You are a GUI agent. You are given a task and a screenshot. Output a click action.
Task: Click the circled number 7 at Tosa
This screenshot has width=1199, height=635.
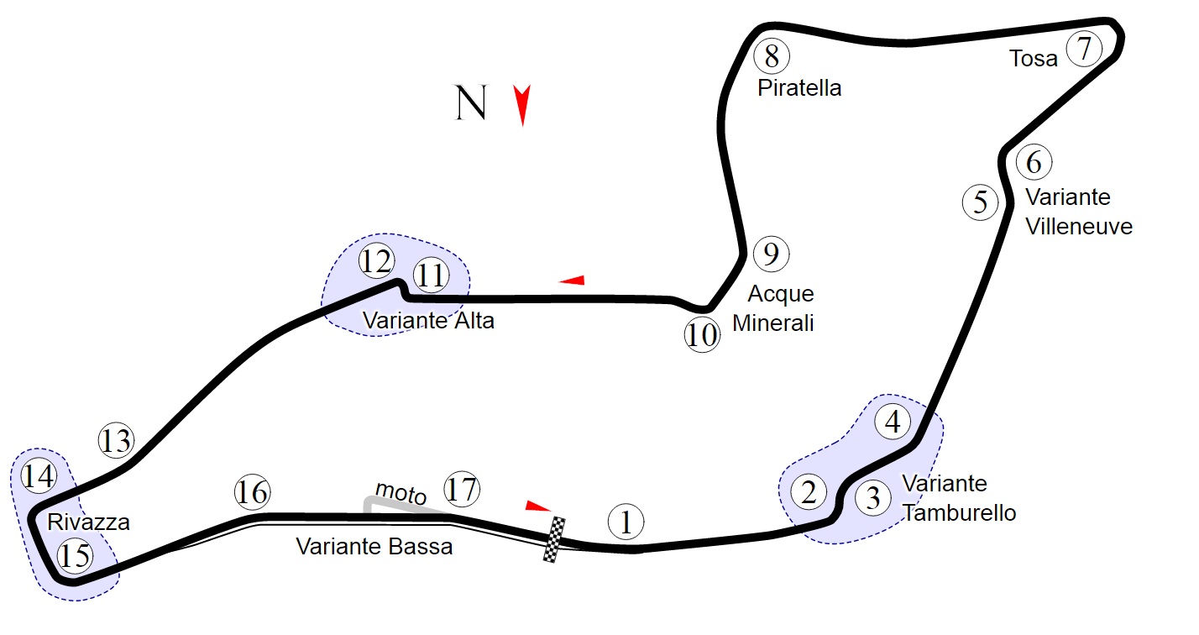pos(1084,49)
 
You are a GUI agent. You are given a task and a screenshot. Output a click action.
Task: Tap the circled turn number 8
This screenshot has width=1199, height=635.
pos(772,56)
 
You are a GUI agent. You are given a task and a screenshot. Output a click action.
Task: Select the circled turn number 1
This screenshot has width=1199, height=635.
pos(625,522)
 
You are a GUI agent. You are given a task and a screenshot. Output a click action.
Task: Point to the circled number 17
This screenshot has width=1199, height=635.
pos(462,489)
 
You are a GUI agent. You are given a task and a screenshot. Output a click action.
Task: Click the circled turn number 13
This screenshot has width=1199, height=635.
pos(116,440)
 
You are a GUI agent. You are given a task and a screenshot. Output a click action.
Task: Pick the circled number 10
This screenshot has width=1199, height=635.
pos(702,336)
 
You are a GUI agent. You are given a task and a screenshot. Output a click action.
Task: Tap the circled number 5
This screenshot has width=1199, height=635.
pos(980,202)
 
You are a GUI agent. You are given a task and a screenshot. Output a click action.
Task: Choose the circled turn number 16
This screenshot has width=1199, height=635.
pos(252,492)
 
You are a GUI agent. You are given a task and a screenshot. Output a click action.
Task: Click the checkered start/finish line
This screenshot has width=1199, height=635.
pos(555,539)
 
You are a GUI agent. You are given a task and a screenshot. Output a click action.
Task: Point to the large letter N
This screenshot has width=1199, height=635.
pos(471,102)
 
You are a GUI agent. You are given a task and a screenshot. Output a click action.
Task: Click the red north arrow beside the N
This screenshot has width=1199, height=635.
pos(522,105)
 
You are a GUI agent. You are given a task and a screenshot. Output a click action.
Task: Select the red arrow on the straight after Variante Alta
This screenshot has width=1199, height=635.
pos(572,280)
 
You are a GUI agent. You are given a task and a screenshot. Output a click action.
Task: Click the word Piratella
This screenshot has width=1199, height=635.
pos(799,88)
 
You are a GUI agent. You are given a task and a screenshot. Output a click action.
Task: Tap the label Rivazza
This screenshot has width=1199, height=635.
pos(88,522)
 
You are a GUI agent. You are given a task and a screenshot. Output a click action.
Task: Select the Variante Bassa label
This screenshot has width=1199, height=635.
pos(374,547)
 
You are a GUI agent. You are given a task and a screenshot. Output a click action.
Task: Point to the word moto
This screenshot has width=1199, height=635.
pos(401,493)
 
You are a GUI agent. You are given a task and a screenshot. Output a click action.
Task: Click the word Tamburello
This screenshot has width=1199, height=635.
pos(959,513)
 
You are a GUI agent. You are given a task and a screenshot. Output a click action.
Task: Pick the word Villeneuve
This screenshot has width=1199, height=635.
pos(1079,227)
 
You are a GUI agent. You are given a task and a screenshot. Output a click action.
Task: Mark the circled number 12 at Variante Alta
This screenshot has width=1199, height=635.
pos(376,262)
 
